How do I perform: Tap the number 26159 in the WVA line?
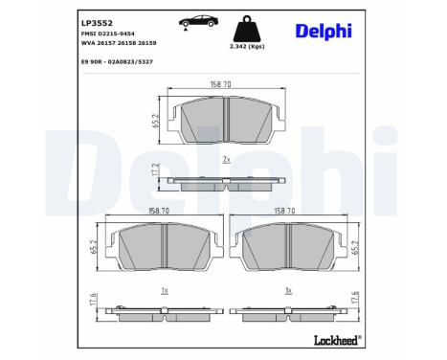point(145,42)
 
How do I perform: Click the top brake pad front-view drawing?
point(224,124)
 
